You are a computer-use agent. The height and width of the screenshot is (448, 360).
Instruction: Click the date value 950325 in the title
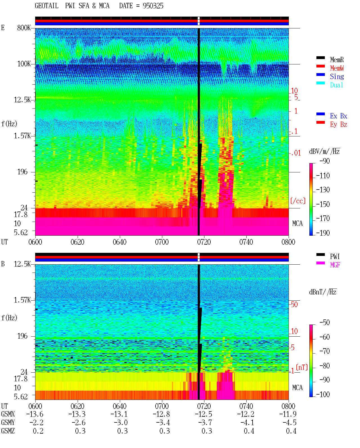153,6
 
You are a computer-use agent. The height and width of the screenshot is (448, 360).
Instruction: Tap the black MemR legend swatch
320,58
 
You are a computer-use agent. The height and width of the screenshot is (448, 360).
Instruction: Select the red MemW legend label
337,68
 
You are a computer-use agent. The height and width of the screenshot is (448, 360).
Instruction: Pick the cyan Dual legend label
336,85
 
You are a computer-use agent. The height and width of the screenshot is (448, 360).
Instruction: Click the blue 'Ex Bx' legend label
338,116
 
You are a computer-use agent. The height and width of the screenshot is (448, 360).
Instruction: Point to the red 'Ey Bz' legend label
338,125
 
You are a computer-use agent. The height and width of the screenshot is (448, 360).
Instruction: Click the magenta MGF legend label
335,265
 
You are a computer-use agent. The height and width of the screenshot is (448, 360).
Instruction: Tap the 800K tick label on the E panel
24,28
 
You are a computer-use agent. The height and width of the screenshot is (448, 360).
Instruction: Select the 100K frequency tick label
24,64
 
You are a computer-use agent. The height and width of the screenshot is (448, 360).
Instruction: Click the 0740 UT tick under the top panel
246,242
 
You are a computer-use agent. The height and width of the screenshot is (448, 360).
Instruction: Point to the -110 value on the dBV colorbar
323,176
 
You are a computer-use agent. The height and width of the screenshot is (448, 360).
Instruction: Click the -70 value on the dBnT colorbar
325,351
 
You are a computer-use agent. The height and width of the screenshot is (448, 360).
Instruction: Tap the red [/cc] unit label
298,201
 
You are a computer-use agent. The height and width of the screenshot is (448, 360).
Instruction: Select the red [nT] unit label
302,367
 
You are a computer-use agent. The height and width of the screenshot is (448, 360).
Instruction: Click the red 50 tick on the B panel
294,305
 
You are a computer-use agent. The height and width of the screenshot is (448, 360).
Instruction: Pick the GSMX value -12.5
203,414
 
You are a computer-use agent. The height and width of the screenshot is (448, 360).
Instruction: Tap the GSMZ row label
8,431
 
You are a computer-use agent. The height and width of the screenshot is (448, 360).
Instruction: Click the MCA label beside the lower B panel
297,388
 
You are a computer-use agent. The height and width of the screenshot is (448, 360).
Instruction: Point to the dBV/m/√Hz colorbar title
325,151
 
